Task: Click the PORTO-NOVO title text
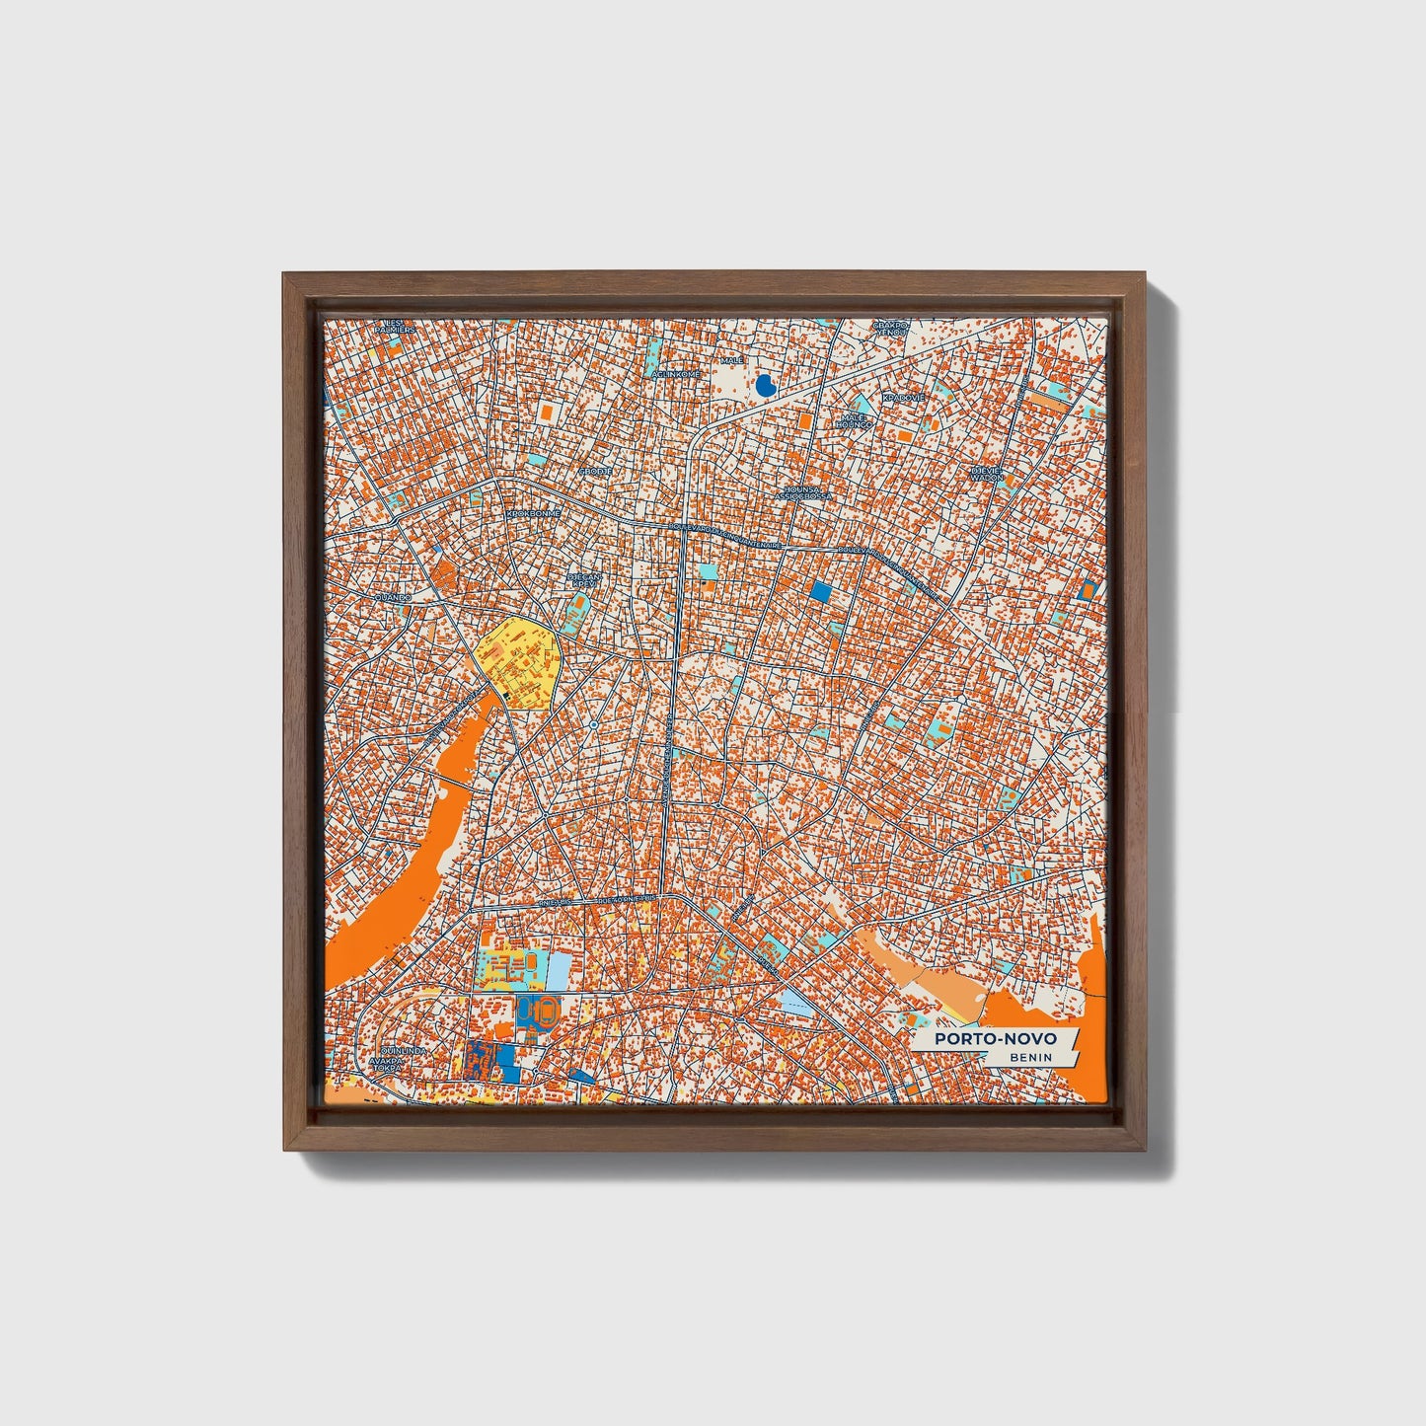pos(996,1039)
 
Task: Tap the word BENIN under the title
pos(1030,1058)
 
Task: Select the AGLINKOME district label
pos(676,374)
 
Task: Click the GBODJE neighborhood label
pos(595,472)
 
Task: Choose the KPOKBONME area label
pos(533,514)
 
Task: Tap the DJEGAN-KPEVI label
pos(584,580)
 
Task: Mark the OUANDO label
pos(391,598)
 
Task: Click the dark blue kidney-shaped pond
pos(764,385)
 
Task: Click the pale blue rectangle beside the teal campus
pos(558,968)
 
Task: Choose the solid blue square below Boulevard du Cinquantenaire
pos(821,592)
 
